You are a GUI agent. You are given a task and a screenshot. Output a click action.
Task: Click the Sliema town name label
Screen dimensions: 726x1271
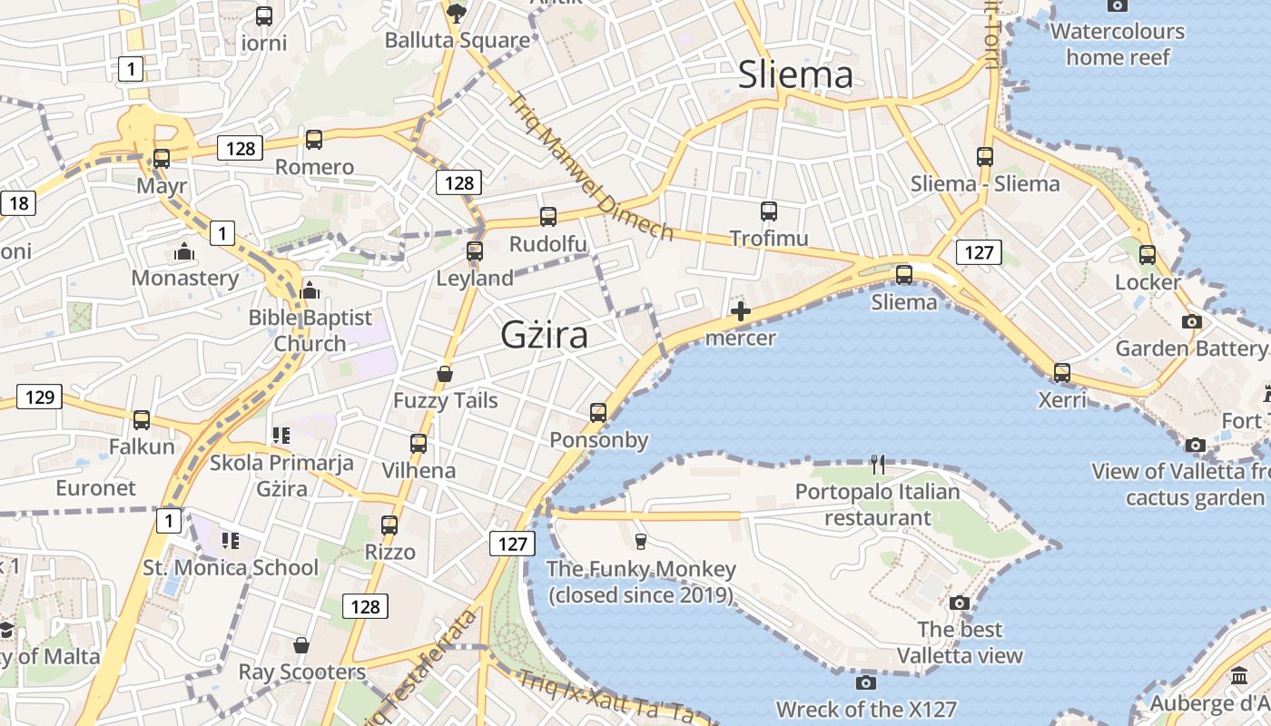point(795,75)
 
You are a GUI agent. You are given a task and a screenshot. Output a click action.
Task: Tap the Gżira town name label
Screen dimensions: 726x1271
point(544,335)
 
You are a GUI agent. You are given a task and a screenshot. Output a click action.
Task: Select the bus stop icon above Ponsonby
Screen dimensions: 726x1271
point(598,413)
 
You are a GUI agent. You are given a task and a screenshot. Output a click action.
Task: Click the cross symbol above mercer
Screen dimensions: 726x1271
point(741,312)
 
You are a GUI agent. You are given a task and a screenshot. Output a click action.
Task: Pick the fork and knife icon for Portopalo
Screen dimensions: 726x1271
point(877,465)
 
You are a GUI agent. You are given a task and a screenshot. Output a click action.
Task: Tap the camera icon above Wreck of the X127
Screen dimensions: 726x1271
point(865,682)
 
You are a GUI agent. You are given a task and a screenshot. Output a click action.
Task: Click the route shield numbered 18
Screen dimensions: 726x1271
point(17,202)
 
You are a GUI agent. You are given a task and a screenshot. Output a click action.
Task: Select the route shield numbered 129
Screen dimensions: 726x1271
point(39,397)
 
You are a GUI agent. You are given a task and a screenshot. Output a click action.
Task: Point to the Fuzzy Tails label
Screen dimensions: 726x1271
point(445,400)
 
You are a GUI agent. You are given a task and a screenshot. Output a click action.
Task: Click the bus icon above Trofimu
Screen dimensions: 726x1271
point(769,211)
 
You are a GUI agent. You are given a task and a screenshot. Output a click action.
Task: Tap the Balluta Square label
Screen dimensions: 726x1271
point(457,40)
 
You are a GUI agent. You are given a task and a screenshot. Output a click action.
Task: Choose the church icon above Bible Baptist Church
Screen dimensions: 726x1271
point(310,290)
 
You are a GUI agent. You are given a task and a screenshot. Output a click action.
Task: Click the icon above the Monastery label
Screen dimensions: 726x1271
point(184,251)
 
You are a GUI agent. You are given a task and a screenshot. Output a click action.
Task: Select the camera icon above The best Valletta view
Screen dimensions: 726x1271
point(960,603)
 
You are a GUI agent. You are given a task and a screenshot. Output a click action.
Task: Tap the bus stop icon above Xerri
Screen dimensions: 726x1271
point(1061,372)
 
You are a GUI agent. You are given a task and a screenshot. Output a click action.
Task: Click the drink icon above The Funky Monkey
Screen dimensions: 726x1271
point(641,542)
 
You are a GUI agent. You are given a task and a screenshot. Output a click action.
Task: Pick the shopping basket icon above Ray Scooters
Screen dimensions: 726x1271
point(301,645)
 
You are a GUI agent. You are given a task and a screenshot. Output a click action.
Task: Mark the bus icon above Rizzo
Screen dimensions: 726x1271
point(389,525)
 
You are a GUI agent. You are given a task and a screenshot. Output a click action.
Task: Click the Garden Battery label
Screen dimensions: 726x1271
point(1189,348)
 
